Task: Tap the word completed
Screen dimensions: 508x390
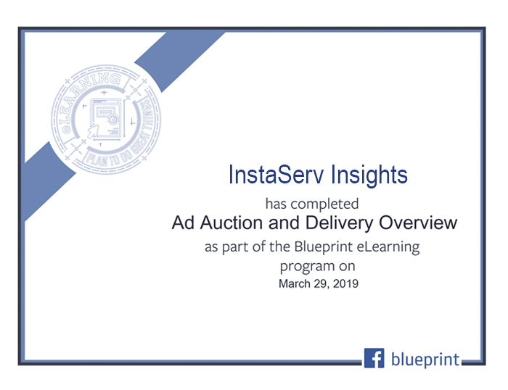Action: click(x=324, y=204)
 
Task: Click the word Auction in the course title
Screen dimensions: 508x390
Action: click(x=232, y=223)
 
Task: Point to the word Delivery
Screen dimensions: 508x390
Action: click(x=339, y=224)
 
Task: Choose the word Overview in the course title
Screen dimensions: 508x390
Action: click(x=418, y=223)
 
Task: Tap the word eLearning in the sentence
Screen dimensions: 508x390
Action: click(x=388, y=248)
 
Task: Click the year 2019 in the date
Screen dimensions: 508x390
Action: click(x=345, y=284)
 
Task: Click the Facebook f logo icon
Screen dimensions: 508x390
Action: click(x=374, y=358)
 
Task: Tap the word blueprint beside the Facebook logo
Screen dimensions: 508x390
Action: click(x=425, y=360)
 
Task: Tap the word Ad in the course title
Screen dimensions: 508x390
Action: click(x=183, y=223)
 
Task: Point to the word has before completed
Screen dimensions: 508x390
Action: click(x=276, y=204)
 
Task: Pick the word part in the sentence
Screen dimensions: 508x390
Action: click(x=236, y=248)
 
